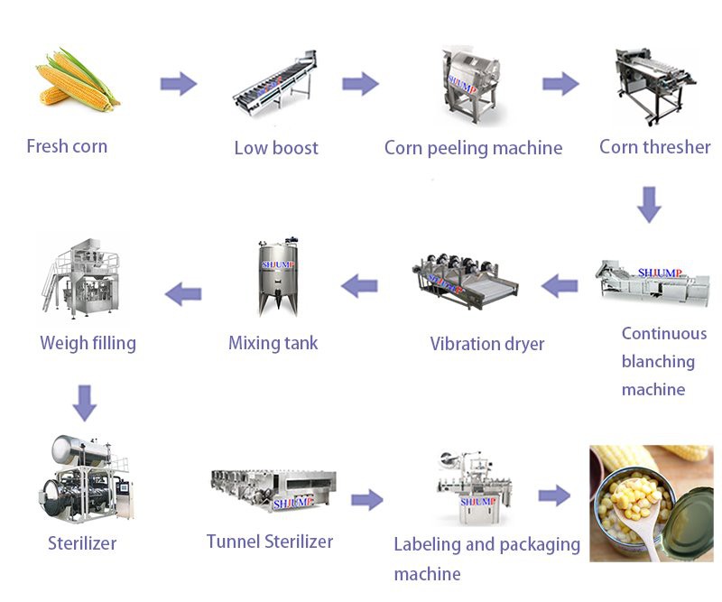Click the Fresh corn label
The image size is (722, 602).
click(x=67, y=146)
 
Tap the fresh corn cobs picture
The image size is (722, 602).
click(x=76, y=81)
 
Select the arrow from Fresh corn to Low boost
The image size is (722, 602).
click(x=178, y=84)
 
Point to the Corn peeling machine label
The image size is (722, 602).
click(x=473, y=148)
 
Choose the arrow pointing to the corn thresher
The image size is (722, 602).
click(x=560, y=84)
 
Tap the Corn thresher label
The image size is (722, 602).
click(x=654, y=146)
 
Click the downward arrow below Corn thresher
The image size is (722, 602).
click(x=649, y=204)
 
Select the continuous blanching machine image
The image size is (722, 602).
click(x=652, y=283)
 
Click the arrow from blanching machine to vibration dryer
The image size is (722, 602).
click(x=560, y=286)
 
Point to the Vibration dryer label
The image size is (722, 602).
click(x=486, y=344)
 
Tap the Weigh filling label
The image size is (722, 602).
click(x=88, y=343)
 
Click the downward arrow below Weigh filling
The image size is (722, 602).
click(x=85, y=403)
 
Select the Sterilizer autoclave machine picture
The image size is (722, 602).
click(x=85, y=478)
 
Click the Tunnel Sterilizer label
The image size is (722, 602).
click(x=269, y=542)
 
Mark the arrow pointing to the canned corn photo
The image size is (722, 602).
click(x=554, y=495)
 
